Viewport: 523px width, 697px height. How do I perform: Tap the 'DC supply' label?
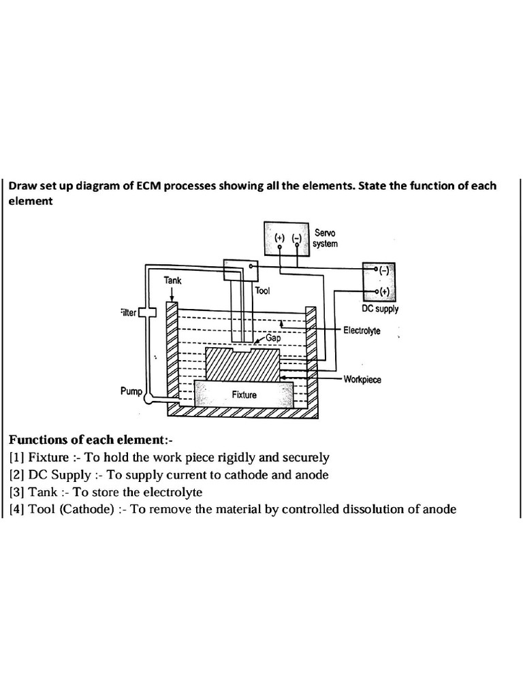380,308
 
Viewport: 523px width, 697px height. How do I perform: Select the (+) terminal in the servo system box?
280,238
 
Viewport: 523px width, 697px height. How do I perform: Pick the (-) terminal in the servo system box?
296,238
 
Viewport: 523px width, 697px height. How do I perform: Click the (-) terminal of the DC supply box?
384,270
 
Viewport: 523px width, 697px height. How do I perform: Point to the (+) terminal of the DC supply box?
384,292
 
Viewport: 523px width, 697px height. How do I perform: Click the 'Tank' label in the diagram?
173,280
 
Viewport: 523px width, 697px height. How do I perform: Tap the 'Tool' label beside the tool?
262,291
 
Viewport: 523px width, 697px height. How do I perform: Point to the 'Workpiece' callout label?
362,379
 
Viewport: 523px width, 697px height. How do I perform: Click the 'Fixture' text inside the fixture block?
243,394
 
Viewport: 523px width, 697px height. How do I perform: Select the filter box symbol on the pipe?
148,312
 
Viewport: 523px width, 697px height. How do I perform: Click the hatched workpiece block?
242,366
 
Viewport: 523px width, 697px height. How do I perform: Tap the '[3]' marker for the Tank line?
17,492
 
